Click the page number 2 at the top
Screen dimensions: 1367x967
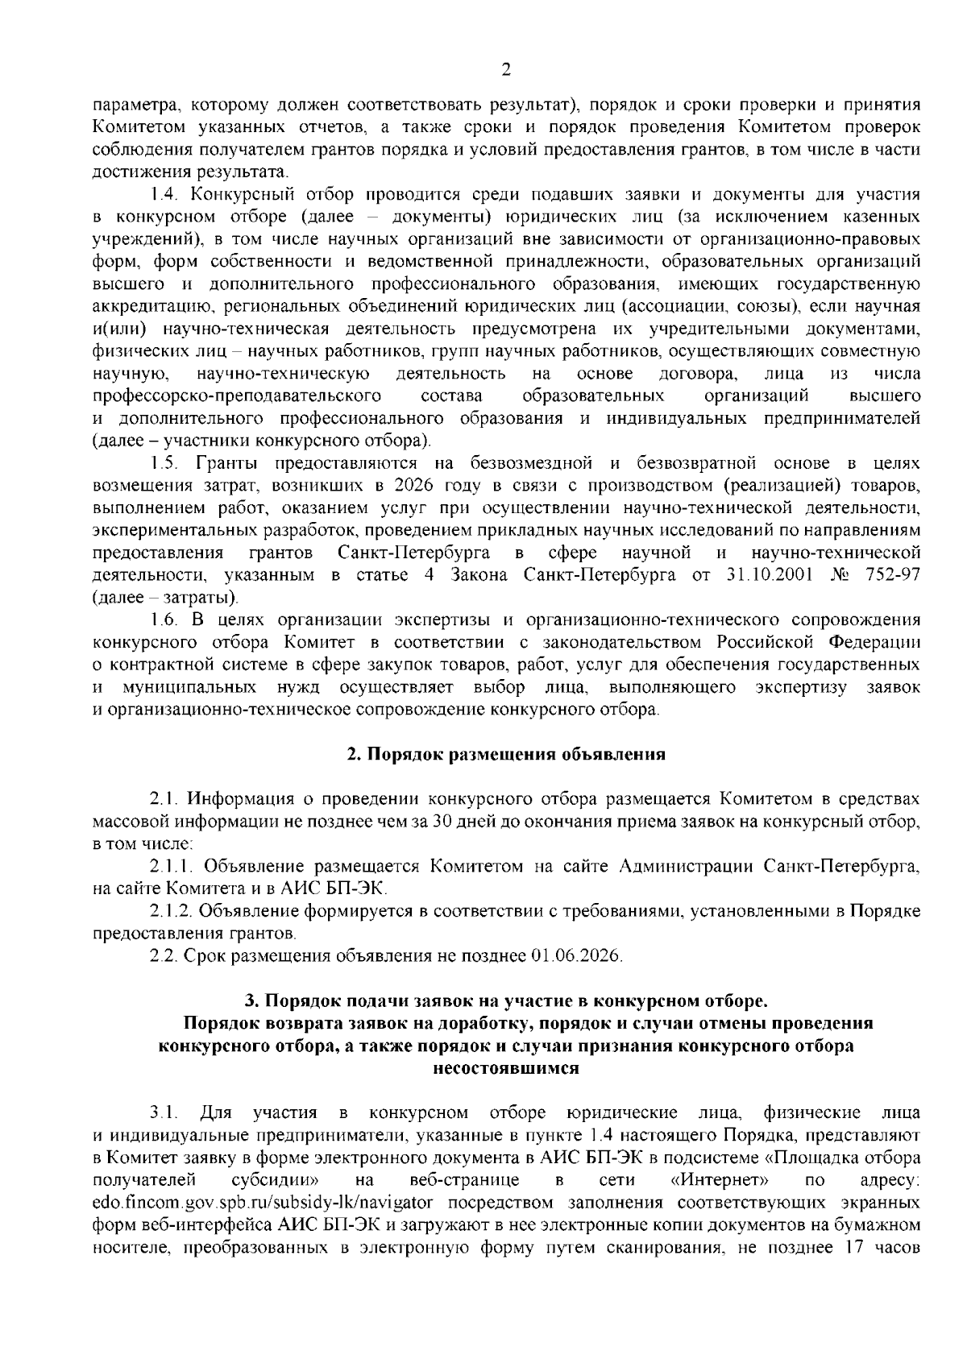[x=505, y=70]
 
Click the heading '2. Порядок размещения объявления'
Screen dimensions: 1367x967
[x=505, y=755]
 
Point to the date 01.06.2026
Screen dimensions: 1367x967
[x=576, y=956]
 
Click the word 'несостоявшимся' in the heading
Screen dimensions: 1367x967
[x=505, y=1069]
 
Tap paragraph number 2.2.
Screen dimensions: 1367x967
[x=164, y=956]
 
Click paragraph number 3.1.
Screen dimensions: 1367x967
[x=163, y=1113]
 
